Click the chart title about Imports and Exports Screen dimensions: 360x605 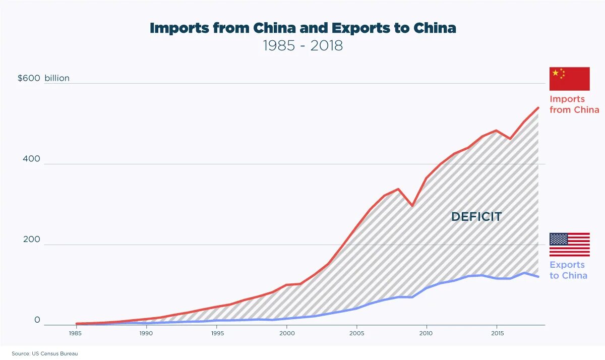[x=302, y=28]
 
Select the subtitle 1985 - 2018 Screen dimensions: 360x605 [x=302, y=45]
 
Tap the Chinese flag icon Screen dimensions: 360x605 [x=569, y=79]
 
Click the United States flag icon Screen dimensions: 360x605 [x=569, y=245]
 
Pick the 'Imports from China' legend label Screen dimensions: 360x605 [x=574, y=104]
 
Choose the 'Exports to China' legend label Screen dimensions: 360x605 [x=568, y=270]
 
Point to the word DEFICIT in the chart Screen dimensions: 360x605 [x=476, y=217]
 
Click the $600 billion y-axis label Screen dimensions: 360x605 [x=43, y=78]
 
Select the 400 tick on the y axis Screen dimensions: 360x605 [x=31, y=159]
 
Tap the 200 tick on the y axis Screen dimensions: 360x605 [x=31, y=239]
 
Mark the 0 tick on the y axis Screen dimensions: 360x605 [x=37, y=320]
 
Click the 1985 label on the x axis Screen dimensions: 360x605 [x=76, y=333]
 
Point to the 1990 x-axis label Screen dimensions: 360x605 [x=146, y=333]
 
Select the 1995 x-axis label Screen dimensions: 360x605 [x=216, y=333]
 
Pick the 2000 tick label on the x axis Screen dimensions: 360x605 [x=286, y=333]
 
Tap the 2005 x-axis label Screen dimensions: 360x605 [x=356, y=333]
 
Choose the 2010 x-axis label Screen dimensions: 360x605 [x=427, y=333]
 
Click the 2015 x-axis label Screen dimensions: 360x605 [x=497, y=333]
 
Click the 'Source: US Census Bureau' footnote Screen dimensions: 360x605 [x=45, y=354]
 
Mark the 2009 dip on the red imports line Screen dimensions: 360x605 [x=412, y=206]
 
